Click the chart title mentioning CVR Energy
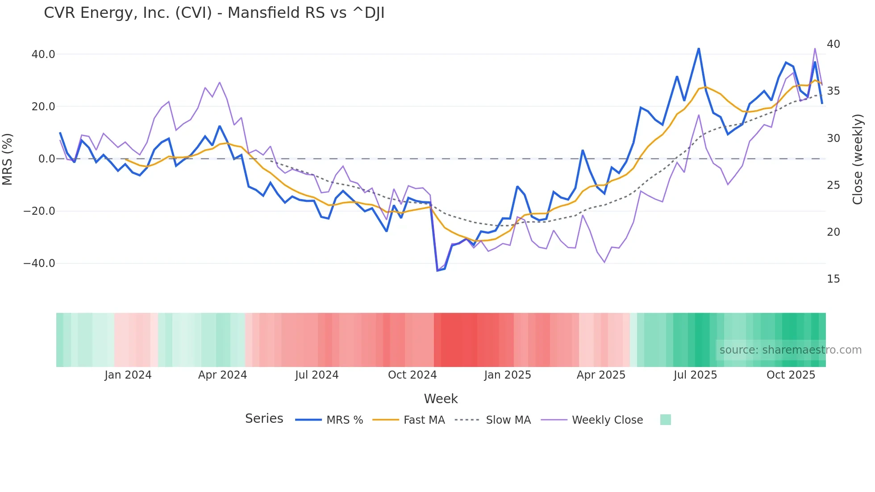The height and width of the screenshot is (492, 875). (x=214, y=13)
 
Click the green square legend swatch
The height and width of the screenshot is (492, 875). (x=665, y=420)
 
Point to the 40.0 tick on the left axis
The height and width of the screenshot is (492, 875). (x=43, y=54)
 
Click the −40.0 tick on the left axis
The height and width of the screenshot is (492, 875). (x=39, y=263)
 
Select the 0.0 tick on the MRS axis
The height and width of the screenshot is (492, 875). (x=46, y=159)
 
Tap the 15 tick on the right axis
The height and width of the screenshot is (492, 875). (x=833, y=279)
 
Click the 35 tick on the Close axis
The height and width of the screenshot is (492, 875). (x=833, y=91)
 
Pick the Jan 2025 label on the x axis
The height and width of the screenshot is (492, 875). (x=508, y=375)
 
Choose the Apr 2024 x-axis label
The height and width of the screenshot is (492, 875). (x=222, y=375)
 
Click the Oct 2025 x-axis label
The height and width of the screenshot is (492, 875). (x=791, y=375)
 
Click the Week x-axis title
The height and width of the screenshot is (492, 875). (x=441, y=399)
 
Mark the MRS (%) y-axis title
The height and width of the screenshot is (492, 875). (x=8, y=159)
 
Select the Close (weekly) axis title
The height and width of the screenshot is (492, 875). (x=858, y=159)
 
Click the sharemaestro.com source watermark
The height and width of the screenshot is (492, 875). (x=790, y=350)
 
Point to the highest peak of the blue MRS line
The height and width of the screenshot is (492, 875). (x=699, y=48)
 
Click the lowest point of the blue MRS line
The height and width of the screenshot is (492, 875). (x=437, y=271)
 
